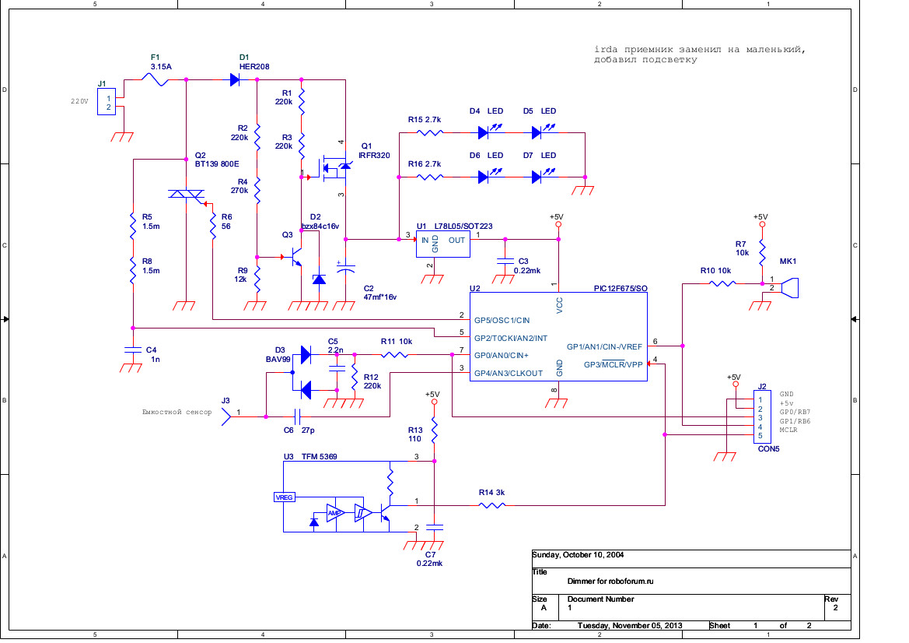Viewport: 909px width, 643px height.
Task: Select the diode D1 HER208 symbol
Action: tap(234, 79)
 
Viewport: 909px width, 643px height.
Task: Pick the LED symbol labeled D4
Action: tap(483, 132)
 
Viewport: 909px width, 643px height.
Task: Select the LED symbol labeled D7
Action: tap(537, 177)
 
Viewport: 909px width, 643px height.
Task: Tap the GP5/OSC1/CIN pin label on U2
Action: tap(502, 320)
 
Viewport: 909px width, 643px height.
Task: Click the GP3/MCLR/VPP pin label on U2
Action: tap(614, 364)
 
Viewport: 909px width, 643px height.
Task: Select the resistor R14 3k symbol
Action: tap(492, 505)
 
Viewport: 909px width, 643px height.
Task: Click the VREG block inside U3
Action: tap(284, 497)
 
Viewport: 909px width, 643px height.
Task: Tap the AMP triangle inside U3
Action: tap(335, 513)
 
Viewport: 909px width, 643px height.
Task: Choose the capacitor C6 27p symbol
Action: tap(295, 416)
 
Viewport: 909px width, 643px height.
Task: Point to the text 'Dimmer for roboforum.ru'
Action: tap(611, 581)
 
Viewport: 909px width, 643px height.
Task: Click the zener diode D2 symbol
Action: tap(318, 278)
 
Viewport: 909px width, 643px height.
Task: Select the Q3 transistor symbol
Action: tap(295, 257)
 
